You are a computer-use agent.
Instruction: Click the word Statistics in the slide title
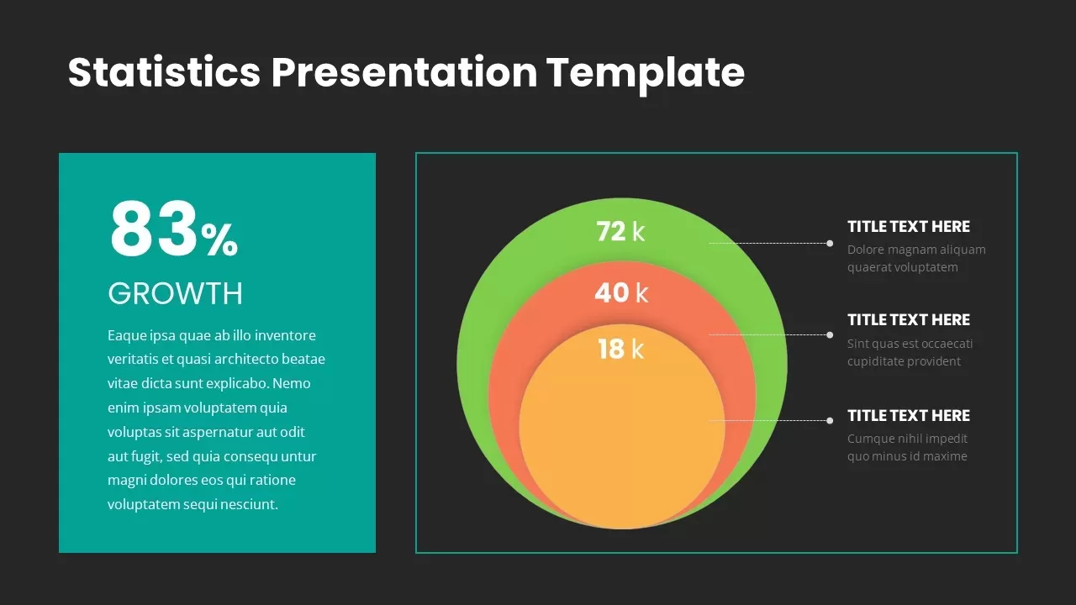click(x=164, y=72)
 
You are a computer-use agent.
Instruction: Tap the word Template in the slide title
click(x=645, y=73)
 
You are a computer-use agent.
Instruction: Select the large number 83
click(x=153, y=229)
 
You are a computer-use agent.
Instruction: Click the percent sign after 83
click(x=219, y=240)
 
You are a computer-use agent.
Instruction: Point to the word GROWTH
click(x=176, y=293)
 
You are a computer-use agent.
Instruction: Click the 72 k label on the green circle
click(x=620, y=231)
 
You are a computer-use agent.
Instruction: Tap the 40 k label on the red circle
click(x=621, y=292)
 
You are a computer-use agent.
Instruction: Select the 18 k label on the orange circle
click(x=621, y=349)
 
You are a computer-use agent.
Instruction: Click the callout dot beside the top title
click(x=830, y=244)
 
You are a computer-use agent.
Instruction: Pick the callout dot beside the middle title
click(x=830, y=334)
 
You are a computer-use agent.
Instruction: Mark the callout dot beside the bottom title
click(x=830, y=421)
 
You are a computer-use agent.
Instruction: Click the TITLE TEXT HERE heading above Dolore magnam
click(x=909, y=227)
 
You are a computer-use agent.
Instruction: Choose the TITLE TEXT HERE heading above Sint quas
click(x=909, y=320)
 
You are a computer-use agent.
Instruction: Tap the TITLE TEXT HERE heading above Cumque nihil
click(x=909, y=415)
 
